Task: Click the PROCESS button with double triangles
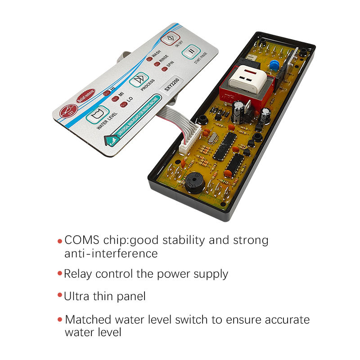click(139, 79)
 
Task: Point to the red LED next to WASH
click(149, 58)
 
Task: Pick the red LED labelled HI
click(106, 92)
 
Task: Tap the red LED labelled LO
click(123, 104)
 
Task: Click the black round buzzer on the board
click(195, 182)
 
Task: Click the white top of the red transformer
click(247, 79)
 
